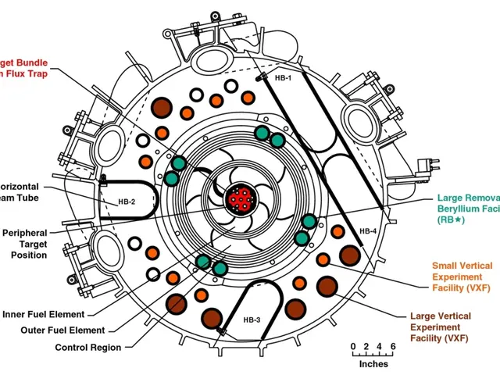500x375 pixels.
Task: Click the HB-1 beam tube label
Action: pyautogui.click(x=283, y=79)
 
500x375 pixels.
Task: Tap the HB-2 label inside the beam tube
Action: pyautogui.click(x=127, y=202)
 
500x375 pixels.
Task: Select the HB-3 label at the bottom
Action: pyautogui.click(x=252, y=320)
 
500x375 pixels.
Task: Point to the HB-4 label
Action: pyautogui.click(x=368, y=232)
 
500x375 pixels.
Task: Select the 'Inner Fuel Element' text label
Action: pyautogui.click(x=44, y=315)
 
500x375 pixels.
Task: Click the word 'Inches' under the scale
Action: pyautogui.click(x=373, y=364)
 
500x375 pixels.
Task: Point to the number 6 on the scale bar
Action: pyautogui.click(x=393, y=346)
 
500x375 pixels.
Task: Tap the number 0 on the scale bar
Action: pyautogui.click(x=353, y=346)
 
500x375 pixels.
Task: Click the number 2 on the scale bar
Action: pyautogui.click(x=366, y=346)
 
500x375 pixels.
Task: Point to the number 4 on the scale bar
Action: pyautogui.click(x=380, y=346)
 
